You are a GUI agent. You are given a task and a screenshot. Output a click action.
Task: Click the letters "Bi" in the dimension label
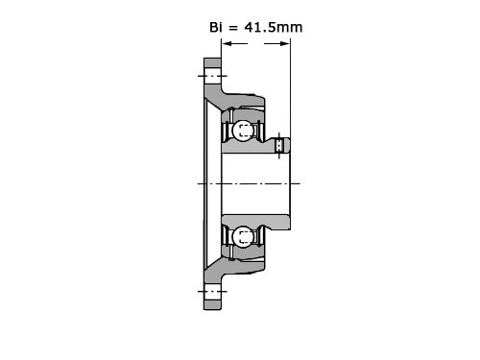(216, 27)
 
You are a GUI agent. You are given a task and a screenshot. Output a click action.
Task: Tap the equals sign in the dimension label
(233, 28)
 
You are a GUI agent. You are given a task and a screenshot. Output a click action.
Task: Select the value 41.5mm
(274, 27)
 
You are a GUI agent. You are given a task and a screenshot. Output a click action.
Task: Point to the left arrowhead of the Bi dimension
(227, 43)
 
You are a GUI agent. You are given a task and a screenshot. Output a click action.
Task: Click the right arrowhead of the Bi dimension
(285, 43)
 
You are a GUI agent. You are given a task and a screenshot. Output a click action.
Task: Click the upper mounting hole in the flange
(212, 76)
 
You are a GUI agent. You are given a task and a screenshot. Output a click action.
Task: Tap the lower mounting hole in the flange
(212, 292)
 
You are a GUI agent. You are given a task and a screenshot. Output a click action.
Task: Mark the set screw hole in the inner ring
(279, 146)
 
